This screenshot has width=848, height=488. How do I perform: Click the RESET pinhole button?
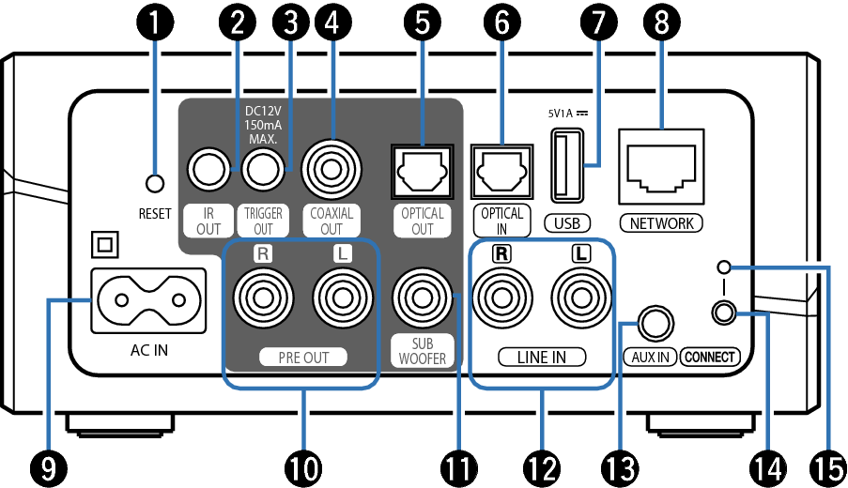[156, 181]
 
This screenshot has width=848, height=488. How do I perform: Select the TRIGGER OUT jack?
[263, 171]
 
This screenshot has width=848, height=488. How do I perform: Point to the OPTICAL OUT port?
[422, 171]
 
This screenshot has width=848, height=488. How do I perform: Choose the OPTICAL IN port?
[502, 171]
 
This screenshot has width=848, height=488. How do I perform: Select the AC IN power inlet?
[146, 300]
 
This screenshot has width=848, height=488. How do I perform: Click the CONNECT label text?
[710, 357]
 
